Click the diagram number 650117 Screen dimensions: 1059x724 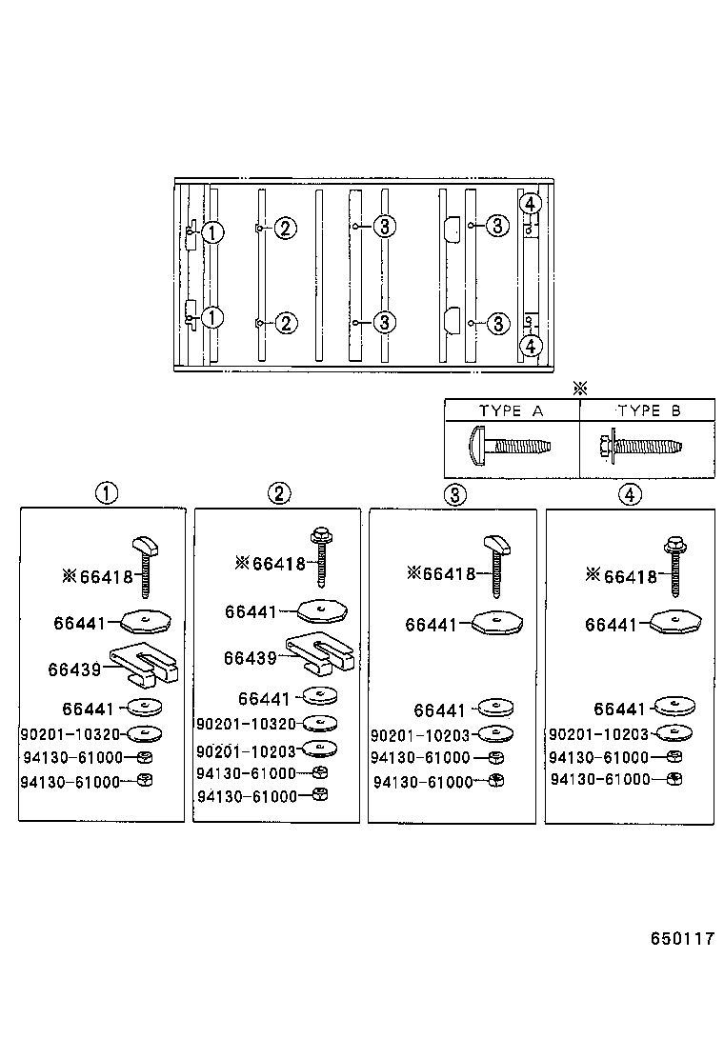point(682,938)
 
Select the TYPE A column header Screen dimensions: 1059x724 point(511,411)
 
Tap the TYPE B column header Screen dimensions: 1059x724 point(648,411)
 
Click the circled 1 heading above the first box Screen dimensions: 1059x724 point(105,493)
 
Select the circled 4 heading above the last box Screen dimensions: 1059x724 point(630,493)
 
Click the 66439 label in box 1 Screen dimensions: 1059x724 point(74,669)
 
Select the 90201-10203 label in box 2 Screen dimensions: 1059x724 point(246,749)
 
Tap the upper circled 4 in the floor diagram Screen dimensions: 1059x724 point(531,204)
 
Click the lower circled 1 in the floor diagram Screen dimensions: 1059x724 point(213,318)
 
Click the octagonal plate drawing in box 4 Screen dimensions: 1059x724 point(674,623)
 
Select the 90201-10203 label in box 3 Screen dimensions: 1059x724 point(420,735)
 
